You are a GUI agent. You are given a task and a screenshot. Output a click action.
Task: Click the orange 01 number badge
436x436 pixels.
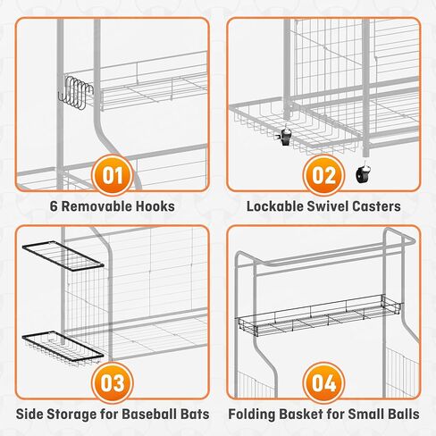point(111,173)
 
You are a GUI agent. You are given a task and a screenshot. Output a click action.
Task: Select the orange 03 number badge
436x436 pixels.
point(111,381)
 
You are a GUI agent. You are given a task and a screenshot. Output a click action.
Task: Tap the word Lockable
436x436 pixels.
point(275,206)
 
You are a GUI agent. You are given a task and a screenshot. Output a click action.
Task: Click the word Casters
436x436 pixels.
point(378,206)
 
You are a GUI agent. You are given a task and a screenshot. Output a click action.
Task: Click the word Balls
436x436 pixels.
point(401,415)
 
